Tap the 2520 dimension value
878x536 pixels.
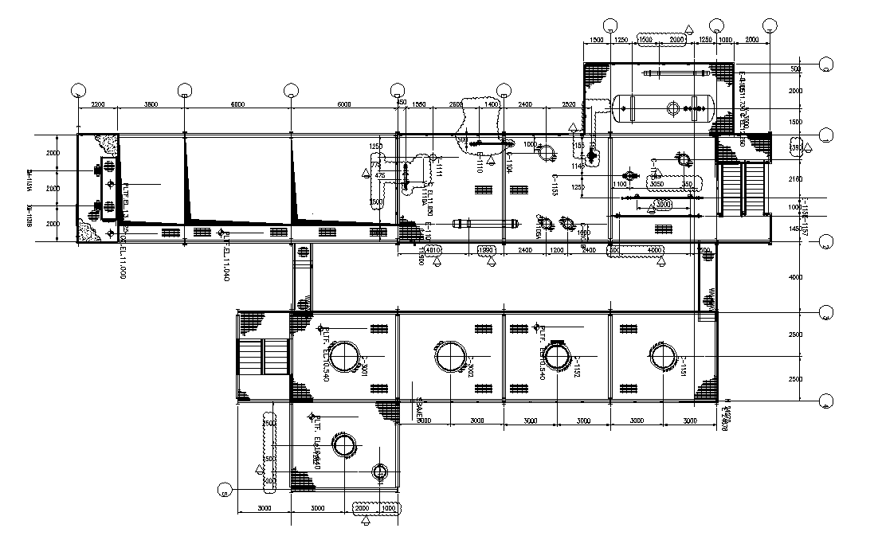pos(568,104)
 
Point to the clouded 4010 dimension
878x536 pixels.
pos(433,251)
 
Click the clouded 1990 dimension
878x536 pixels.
pos(487,251)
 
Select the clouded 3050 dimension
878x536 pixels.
pos(657,184)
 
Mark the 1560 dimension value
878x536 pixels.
pos(420,104)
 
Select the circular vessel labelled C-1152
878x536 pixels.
pos(556,355)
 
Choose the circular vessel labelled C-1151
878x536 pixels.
pos(662,355)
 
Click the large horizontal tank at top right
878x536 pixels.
pos(664,108)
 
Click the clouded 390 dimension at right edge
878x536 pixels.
pos(795,148)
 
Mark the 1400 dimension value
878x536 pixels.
pos(491,104)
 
